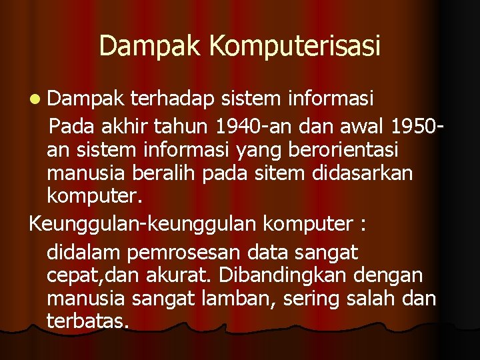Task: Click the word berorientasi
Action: click(333, 149)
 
